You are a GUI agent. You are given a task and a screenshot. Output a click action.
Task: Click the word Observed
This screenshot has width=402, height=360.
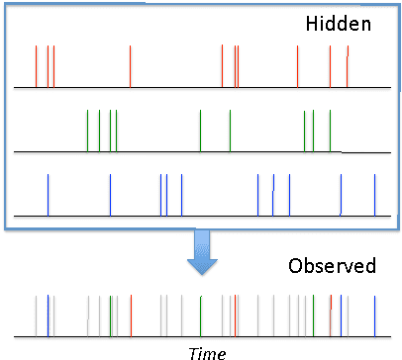click(332, 266)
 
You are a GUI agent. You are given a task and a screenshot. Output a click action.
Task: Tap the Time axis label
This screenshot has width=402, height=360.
click(207, 352)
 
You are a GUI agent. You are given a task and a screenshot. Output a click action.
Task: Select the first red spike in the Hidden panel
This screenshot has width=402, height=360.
click(36, 66)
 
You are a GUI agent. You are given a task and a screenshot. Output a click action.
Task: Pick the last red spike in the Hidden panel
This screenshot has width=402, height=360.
click(347, 71)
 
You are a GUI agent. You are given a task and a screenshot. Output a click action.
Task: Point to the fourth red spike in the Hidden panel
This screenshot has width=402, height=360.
click(223, 66)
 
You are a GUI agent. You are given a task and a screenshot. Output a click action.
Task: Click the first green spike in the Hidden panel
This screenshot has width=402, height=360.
click(88, 131)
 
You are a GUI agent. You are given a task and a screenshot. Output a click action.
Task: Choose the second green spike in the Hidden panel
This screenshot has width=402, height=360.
click(100, 131)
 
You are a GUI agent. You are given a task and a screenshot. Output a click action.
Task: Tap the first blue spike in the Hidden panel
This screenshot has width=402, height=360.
click(49, 194)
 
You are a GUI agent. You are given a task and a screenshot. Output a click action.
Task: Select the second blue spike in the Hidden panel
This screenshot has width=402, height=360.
click(160, 194)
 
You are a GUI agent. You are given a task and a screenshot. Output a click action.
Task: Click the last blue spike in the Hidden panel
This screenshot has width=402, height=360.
click(374, 194)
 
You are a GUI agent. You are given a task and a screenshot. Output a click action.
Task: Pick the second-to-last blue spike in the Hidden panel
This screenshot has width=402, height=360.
click(341, 194)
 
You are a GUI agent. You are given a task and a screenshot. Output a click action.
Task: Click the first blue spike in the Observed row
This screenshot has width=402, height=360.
click(49, 315)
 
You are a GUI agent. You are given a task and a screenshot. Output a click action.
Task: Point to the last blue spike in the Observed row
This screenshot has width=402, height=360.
click(374, 315)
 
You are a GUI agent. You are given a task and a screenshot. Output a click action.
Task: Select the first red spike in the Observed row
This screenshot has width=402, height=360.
click(131, 315)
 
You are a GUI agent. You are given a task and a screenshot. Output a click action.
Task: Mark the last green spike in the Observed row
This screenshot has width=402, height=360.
click(313, 315)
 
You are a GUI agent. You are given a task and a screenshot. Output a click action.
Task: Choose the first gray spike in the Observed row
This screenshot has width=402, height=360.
click(36, 315)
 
